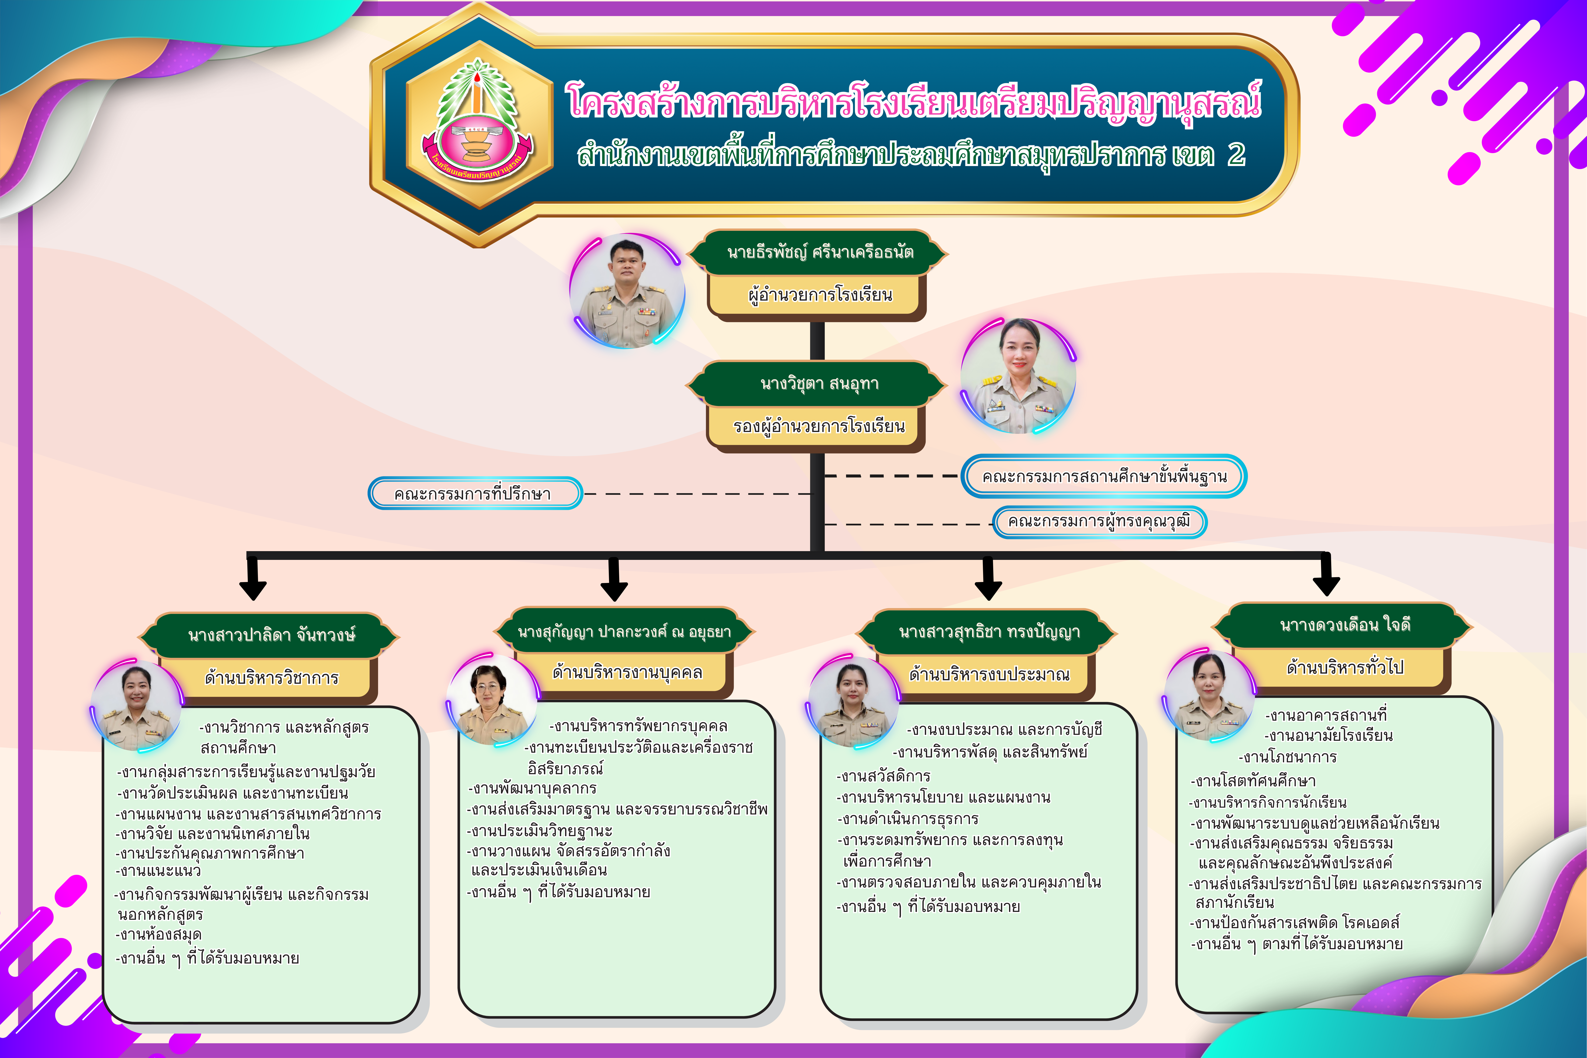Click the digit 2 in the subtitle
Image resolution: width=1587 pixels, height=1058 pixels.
[x=1236, y=155]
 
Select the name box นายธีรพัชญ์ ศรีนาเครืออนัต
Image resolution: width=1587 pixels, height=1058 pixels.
[x=819, y=252]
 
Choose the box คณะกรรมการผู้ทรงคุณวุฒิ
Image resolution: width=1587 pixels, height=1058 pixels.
[x=1100, y=522]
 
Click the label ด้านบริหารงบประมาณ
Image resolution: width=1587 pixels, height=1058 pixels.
[x=988, y=675]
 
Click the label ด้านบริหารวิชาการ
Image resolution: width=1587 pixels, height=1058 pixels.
[x=271, y=677]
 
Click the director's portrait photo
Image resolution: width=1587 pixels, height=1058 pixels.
[x=627, y=291]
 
